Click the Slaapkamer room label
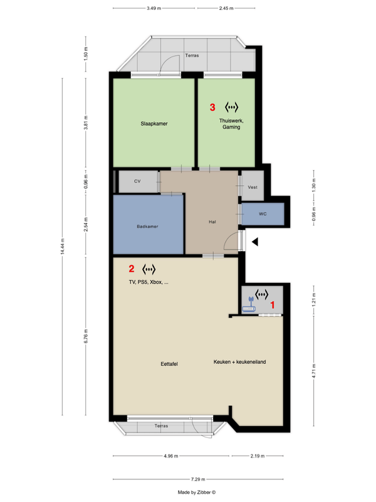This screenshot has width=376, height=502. (154, 124)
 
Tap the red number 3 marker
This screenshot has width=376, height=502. (212, 107)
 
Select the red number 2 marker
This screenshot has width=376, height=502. (132, 269)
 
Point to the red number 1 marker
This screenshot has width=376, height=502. (273, 305)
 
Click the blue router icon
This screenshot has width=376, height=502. (249, 305)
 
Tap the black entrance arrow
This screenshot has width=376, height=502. (255, 242)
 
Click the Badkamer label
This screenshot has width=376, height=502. (147, 227)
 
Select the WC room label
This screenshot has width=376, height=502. (263, 214)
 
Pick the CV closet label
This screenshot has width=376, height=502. (137, 181)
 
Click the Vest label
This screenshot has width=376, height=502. (253, 187)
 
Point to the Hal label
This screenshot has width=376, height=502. (212, 222)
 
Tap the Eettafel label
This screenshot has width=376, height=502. (169, 364)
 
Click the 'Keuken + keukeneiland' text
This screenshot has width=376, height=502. (240, 362)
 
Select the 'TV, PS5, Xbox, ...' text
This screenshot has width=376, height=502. (149, 282)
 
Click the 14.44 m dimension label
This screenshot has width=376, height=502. (62, 247)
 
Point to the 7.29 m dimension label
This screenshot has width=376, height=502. (198, 479)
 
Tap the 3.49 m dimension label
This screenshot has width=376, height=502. (154, 8)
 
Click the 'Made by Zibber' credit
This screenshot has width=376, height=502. (197, 493)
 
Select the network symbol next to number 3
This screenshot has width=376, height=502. (231, 107)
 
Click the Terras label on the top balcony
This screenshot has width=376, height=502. (192, 55)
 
